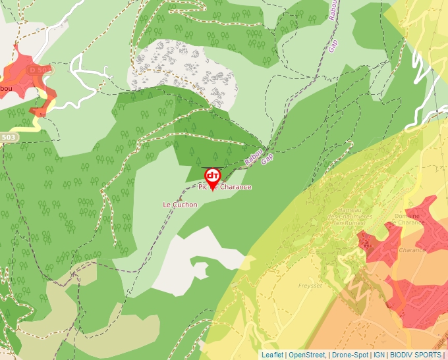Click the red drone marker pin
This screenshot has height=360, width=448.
(x=212, y=176)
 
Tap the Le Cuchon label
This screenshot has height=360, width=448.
(x=180, y=205)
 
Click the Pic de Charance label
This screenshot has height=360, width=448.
(x=225, y=187)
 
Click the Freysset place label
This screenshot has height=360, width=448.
(x=309, y=286)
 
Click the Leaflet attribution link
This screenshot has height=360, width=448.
(x=272, y=355)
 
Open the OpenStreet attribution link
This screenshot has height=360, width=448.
(x=306, y=355)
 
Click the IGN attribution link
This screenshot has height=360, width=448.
(x=379, y=355)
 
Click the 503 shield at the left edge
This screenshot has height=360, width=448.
(x=9, y=137)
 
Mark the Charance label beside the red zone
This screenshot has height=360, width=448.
(x=412, y=250)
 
